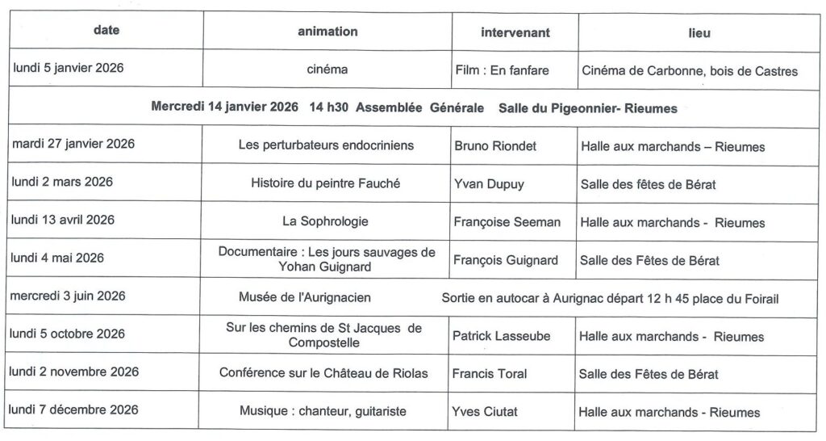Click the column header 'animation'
tap(327, 32)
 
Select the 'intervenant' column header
tap(515, 33)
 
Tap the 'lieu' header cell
tap(700, 33)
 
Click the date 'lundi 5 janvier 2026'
tap(68, 69)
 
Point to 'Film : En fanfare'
tap(503, 70)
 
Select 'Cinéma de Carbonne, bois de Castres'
tap(689, 71)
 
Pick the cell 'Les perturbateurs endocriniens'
tap(326, 145)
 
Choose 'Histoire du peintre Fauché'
tap(326, 183)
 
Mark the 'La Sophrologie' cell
tap(327, 220)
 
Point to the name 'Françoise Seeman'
tap(507, 222)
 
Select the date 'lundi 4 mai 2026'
tap(59, 258)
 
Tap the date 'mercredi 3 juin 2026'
tap(68, 296)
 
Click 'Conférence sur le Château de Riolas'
tap(323, 372)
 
